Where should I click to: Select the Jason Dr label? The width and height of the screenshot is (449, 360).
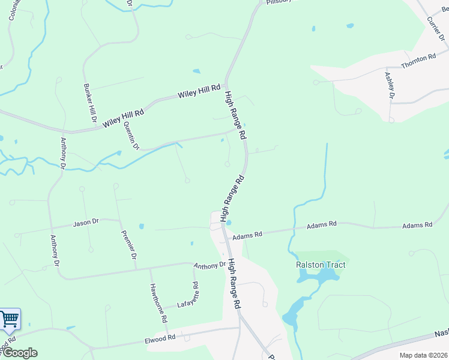85,223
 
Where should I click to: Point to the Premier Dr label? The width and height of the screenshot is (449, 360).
129,245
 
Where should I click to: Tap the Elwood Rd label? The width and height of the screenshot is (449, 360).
160,338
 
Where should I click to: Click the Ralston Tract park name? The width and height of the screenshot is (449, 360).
321,265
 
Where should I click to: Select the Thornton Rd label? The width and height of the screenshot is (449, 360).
418,61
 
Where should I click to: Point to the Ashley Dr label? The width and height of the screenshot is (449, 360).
389,85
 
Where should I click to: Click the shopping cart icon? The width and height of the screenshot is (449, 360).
10,319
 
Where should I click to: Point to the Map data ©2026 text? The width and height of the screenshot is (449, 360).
423,355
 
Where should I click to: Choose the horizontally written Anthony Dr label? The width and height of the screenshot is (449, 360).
209,265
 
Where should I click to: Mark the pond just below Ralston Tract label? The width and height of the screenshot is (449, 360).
319,277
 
